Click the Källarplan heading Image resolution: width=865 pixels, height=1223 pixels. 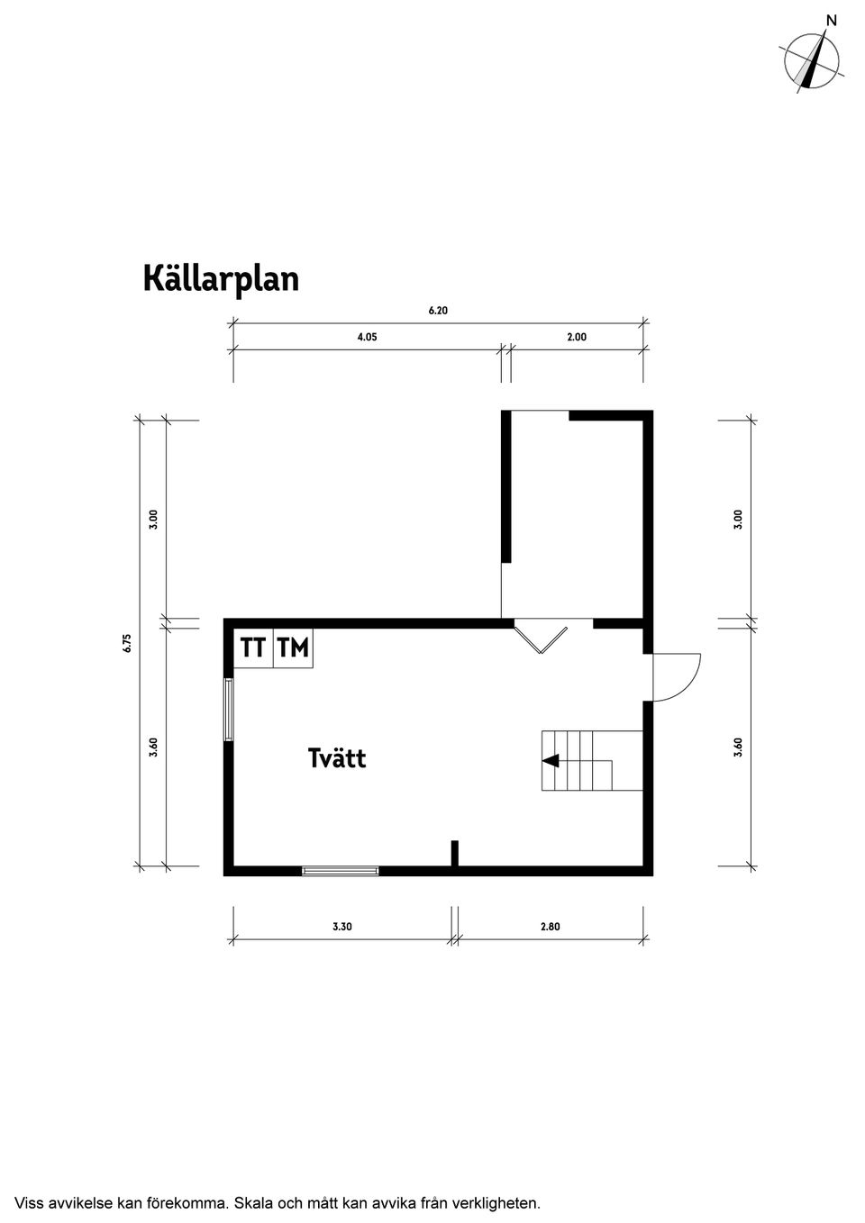pyautogui.click(x=221, y=279)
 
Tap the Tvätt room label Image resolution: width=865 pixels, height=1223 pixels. pyautogui.click(x=337, y=758)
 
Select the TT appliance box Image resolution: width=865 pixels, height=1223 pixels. pyautogui.click(x=253, y=648)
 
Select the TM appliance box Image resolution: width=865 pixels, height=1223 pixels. pyautogui.click(x=293, y=648)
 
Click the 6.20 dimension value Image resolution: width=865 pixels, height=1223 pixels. pyautogui.click(x=438, y=311)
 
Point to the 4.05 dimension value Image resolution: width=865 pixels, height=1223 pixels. pyautogui.click(x=367, y=338)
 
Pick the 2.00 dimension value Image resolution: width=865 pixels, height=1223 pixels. pyautogui.click(x=577, y=338)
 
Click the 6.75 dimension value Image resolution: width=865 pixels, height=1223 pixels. pyautogui.click(x=128, y=643)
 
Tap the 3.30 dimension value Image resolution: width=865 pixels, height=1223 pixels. pyautogui.click(x=341, y=927)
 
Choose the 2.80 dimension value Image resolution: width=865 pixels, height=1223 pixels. pyautogui.click(x=550, y=927)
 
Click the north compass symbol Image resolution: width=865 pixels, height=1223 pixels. pyautogui.click(x=812, y=61)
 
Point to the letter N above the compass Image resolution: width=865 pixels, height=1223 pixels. pyautogui.click(x=832, y=20)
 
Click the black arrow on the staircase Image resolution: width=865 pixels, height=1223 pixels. pyautogui.click(x=550, y=761)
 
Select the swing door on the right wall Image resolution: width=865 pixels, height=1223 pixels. pyautogui.click(x=674, y=676)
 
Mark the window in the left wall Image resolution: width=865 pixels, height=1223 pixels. pyautogui.click(x=229, y=711)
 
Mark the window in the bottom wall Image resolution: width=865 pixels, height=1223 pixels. pyautogui.click(x=341, y=870)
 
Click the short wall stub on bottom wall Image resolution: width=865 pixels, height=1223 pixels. pyautogui.click(x=455, y=853)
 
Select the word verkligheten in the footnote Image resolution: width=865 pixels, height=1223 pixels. pyautogui.click(x=498, y=1202)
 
